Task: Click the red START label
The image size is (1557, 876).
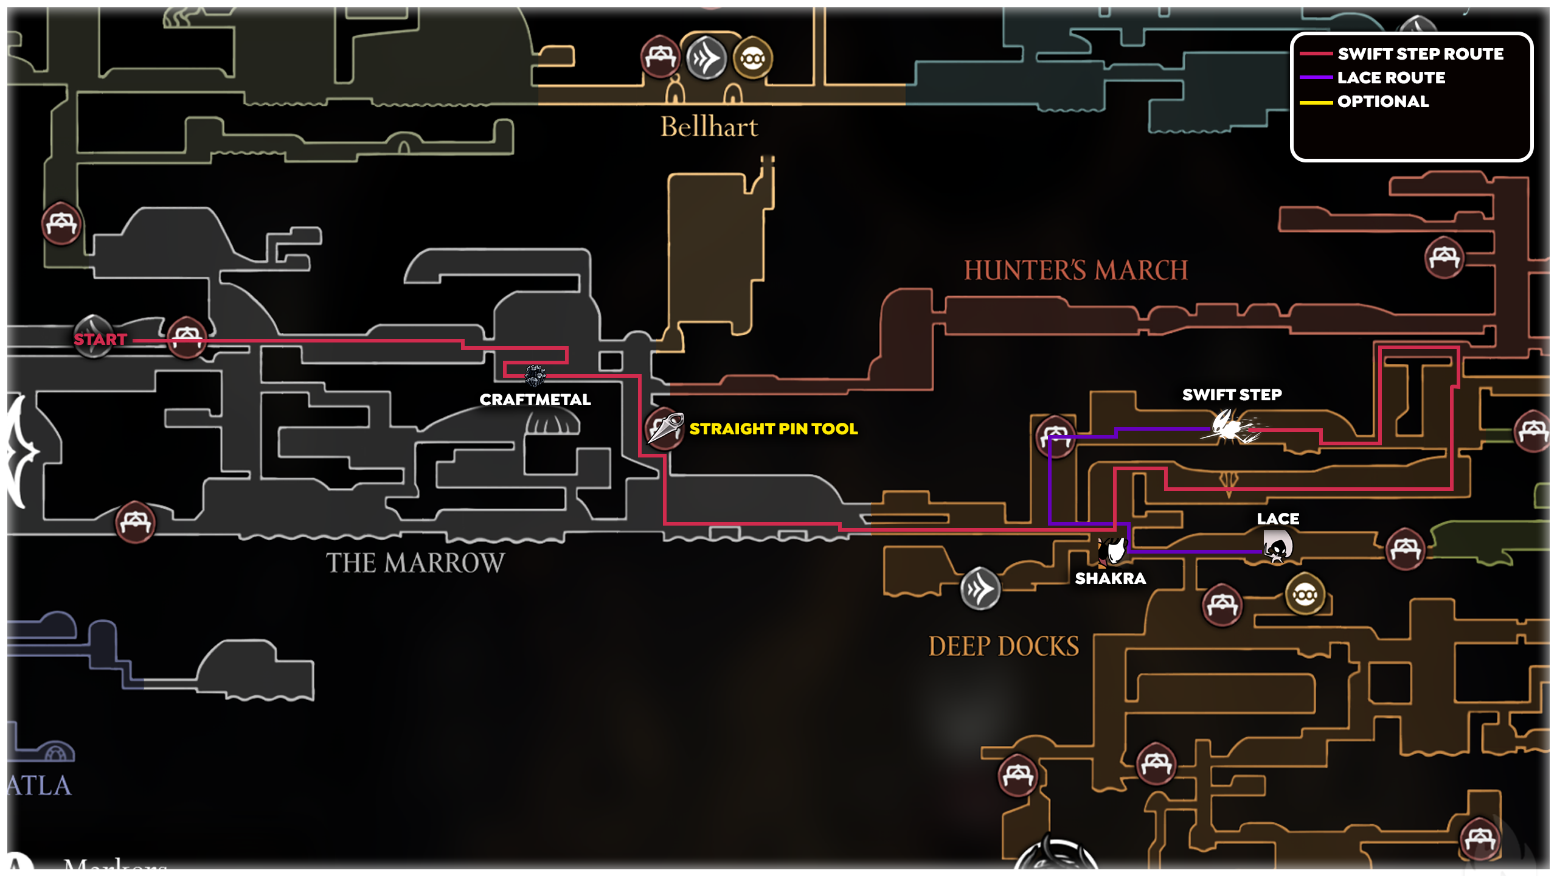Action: pos(100,339)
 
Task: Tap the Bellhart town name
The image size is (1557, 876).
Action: pos(709,127)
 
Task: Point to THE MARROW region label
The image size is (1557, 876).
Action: pos(415,563)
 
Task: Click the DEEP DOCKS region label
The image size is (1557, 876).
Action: pos(1004,646)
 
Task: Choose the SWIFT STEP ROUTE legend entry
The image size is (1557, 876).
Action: pos(1420,54)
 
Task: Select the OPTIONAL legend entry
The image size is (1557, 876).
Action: pos(1382,102)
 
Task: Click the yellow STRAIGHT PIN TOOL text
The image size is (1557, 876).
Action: pos(773,429)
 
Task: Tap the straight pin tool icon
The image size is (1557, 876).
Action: pos(665,428)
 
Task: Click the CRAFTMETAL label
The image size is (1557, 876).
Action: pos(535,400)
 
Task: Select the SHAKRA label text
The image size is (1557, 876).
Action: pos(1110,579)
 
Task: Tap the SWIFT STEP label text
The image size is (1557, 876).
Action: pos(1232,395)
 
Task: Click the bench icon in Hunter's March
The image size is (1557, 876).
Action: pos(1444,258)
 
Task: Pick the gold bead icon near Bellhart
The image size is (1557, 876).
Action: pos(752,58)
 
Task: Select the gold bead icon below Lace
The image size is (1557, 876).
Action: pos(1305,594)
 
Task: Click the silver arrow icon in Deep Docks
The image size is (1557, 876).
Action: pos(980,588)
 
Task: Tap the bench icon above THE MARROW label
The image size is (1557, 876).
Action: pos(135,522)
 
